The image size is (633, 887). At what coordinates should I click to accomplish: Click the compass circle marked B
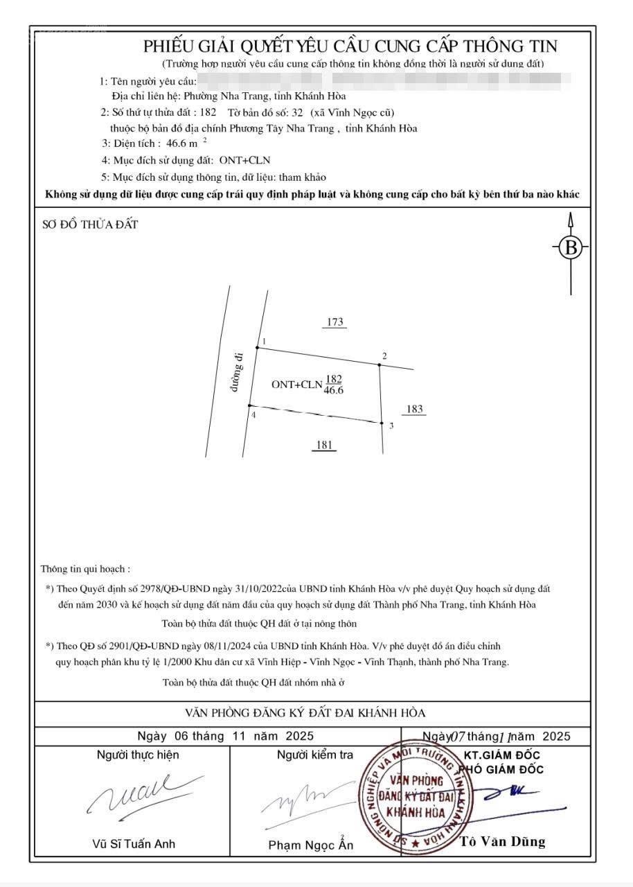coord(571,247)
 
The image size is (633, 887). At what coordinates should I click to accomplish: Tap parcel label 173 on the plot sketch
coord(335,322)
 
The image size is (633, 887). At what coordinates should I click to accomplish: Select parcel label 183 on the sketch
coord(414,410)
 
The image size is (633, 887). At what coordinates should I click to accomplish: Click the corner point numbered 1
coord(257,347)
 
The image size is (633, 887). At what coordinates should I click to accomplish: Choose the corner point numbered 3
coord(382,423)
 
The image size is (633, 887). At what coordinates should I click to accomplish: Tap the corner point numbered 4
coord(249,405)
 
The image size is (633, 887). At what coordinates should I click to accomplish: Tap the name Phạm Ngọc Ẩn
coord(311,845)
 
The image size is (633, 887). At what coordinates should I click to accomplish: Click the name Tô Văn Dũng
coord(503,842)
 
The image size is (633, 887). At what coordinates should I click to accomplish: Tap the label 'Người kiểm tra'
coord(315,755)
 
